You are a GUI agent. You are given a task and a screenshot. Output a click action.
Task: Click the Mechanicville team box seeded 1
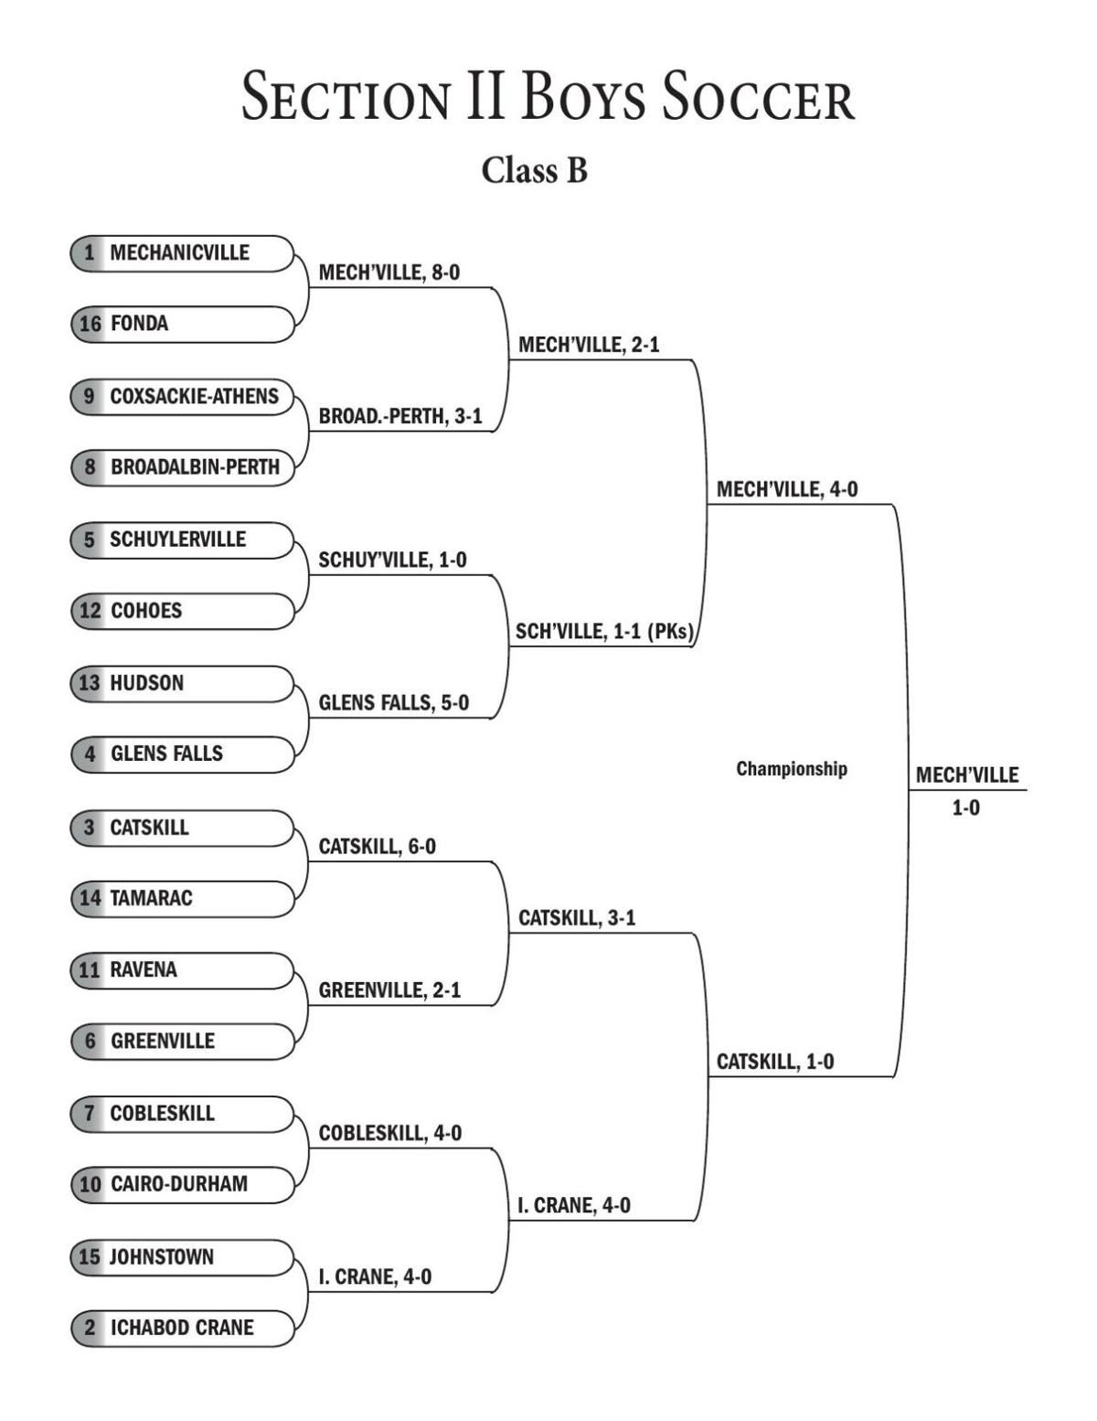182,253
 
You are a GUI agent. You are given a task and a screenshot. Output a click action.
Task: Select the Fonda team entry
182,324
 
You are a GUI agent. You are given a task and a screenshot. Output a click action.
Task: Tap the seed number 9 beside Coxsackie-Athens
89,396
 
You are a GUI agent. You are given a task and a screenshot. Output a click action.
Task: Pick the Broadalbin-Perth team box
182,467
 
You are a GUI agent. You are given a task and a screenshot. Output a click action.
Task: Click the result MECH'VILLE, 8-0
389,272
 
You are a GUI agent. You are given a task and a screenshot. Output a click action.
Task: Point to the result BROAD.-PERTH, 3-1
400,417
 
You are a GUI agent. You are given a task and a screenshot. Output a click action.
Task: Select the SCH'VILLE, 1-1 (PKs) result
603,632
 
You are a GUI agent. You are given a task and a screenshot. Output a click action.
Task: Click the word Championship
792,769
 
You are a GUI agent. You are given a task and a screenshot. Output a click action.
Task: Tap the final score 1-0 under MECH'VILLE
965,808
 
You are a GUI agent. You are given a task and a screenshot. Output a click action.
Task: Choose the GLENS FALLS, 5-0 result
393,703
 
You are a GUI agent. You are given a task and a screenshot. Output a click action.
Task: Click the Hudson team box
182,683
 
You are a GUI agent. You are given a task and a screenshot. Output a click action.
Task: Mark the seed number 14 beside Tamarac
90,898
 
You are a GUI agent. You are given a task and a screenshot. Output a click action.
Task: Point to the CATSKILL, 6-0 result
377,847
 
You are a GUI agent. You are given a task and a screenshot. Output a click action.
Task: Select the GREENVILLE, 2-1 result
389,990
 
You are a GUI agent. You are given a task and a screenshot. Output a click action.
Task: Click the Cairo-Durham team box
182,1184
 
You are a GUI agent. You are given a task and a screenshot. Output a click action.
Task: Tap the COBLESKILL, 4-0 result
389,1134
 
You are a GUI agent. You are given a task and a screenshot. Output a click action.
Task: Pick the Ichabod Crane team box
182,1328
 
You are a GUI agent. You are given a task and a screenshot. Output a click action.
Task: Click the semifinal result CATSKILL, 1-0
774,1062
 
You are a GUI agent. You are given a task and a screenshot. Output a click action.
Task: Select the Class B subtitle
535,170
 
